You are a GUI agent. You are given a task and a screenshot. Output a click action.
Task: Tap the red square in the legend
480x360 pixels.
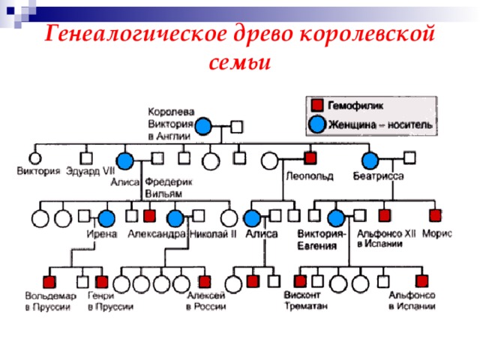[318, 106]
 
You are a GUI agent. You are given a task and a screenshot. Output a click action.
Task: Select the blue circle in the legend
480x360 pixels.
[318, 124]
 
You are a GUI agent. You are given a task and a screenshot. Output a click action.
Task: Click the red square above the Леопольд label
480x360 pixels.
[310, 158]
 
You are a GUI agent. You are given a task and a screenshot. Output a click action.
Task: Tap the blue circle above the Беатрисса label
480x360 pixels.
[369, 160]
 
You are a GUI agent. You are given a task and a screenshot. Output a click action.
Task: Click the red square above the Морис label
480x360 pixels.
[435, 216]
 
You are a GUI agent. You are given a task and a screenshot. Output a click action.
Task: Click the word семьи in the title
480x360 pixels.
[239, 62]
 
